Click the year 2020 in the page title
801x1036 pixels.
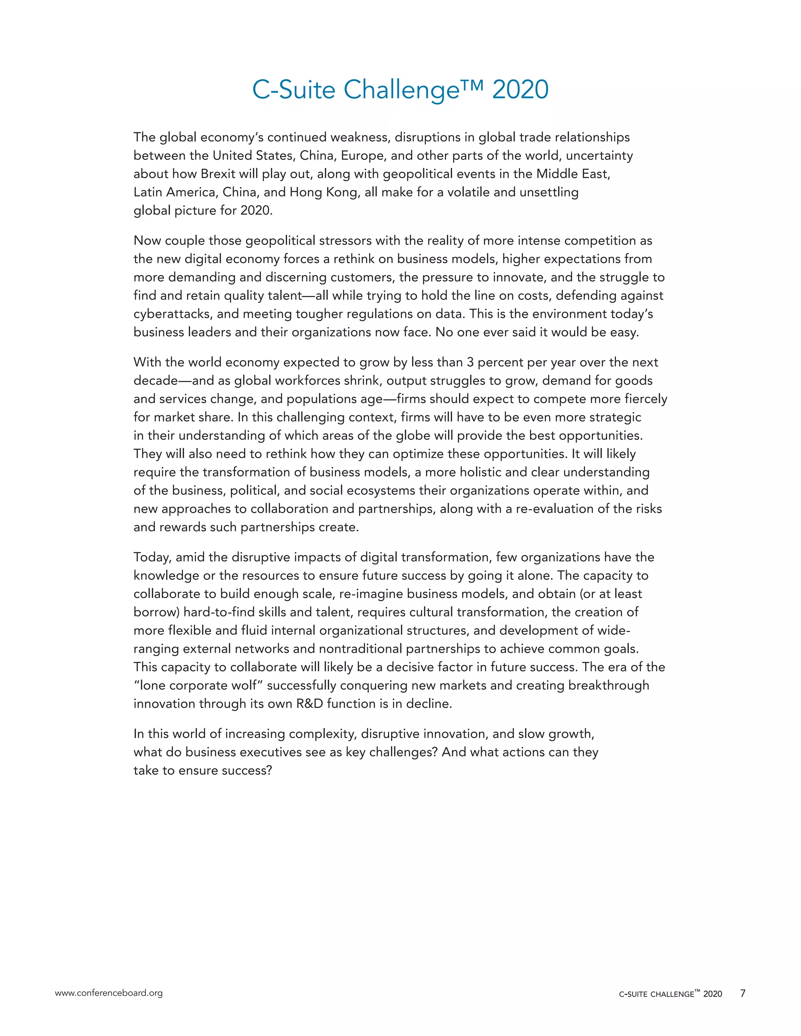click(x=520, y=90)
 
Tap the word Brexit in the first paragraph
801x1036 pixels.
click(x=218, y=174)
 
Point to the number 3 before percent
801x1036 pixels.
click(x=470, y=362)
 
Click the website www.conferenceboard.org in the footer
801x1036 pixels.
click(x=109, y=993)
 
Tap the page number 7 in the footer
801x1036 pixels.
click(x=743, y=993)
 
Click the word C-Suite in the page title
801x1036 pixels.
click(x=294, y=90)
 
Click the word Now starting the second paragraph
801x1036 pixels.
click(x=147, y=240)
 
